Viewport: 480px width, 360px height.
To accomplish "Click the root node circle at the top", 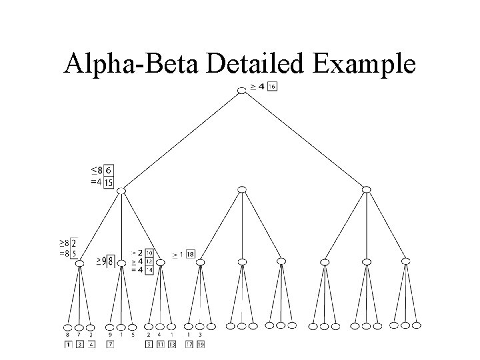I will (241, 89).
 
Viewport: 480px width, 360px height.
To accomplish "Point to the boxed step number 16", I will (273, 87).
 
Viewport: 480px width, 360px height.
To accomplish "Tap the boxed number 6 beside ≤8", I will (109, 171).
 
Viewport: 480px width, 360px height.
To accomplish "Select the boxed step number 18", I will (190, 254).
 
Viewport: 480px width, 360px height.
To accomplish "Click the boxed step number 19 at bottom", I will (200, 345).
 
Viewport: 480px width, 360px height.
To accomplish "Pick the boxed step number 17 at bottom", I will (189, 345).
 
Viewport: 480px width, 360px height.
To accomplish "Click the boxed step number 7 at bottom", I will (109, 345).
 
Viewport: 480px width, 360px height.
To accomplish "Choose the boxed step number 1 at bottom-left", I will (67, 345).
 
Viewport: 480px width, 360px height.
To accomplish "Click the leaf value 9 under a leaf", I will (109, 335).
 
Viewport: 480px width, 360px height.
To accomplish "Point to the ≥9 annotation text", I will (100, 261).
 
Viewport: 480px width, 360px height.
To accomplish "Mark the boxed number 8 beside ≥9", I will (110, 261).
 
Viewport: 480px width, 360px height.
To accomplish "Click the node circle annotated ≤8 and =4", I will (121, 191).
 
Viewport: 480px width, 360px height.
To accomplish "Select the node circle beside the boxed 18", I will (200, 262).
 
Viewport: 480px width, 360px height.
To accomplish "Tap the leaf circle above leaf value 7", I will (79, 327).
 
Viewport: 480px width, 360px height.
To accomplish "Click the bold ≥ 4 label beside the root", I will (257, 87).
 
